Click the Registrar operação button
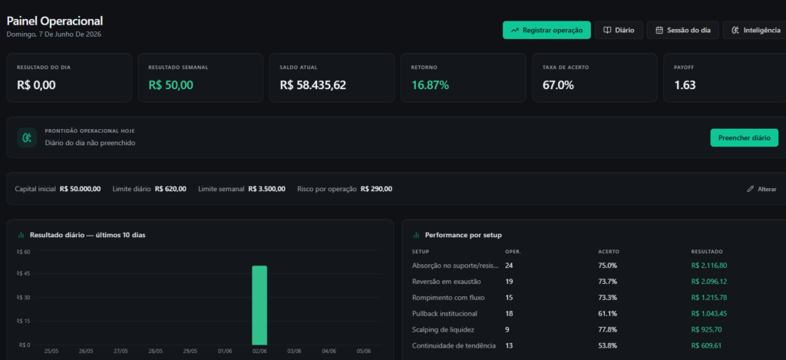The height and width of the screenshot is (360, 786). click(547, 30)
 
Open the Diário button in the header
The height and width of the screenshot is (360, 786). click(619, 30)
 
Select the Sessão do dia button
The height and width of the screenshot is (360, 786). click(682, 30)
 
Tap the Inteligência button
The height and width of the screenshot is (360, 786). click(755, 30)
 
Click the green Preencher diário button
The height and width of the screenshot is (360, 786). click(744, 138)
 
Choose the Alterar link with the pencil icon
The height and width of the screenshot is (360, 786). click(761, 189)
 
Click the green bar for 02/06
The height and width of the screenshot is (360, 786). click(259, 306)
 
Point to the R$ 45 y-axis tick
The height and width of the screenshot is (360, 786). click(24, 274)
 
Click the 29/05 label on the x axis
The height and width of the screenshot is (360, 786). click(190, 352)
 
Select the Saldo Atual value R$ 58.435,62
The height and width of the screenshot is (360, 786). click(313, 85)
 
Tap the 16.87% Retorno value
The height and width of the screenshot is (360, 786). click(430, 85)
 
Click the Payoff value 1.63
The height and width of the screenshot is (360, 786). click(685, 85)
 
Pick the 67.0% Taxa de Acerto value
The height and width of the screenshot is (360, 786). click(558, 85)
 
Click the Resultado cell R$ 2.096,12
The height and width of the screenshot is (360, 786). click(708, 281)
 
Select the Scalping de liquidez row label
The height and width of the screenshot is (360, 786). click(443, 329)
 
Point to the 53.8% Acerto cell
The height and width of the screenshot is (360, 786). click(608, 345)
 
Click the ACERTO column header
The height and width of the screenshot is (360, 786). click(607, 251)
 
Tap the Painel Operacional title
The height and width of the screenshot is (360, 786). click(54, 21)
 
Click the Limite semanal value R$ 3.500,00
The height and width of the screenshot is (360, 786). click(266, 189)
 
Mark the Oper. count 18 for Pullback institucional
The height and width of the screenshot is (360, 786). click(509, 313)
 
